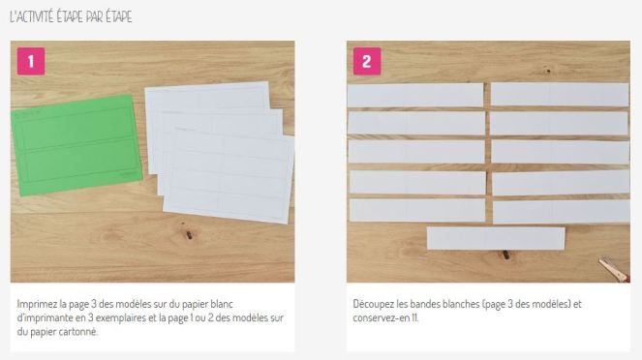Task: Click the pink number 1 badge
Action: [31, 61]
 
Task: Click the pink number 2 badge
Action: [367, 61]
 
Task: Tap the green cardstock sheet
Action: [76, 145]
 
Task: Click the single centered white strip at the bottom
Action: [496, 238]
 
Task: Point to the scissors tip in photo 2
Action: [600, 259]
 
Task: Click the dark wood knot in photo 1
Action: [189, 235]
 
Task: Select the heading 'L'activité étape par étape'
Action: [71, 16]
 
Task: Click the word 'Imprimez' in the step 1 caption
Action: [37, 305]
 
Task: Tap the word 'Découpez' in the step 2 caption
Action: [374, 304]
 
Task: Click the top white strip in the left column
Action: [415, 95]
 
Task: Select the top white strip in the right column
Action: [560, 95]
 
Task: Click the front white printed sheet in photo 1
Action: [229, 176]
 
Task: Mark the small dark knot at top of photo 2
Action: [548, 71]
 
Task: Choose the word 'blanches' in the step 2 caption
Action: [463, 304]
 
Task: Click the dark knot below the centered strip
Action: [506, 255]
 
